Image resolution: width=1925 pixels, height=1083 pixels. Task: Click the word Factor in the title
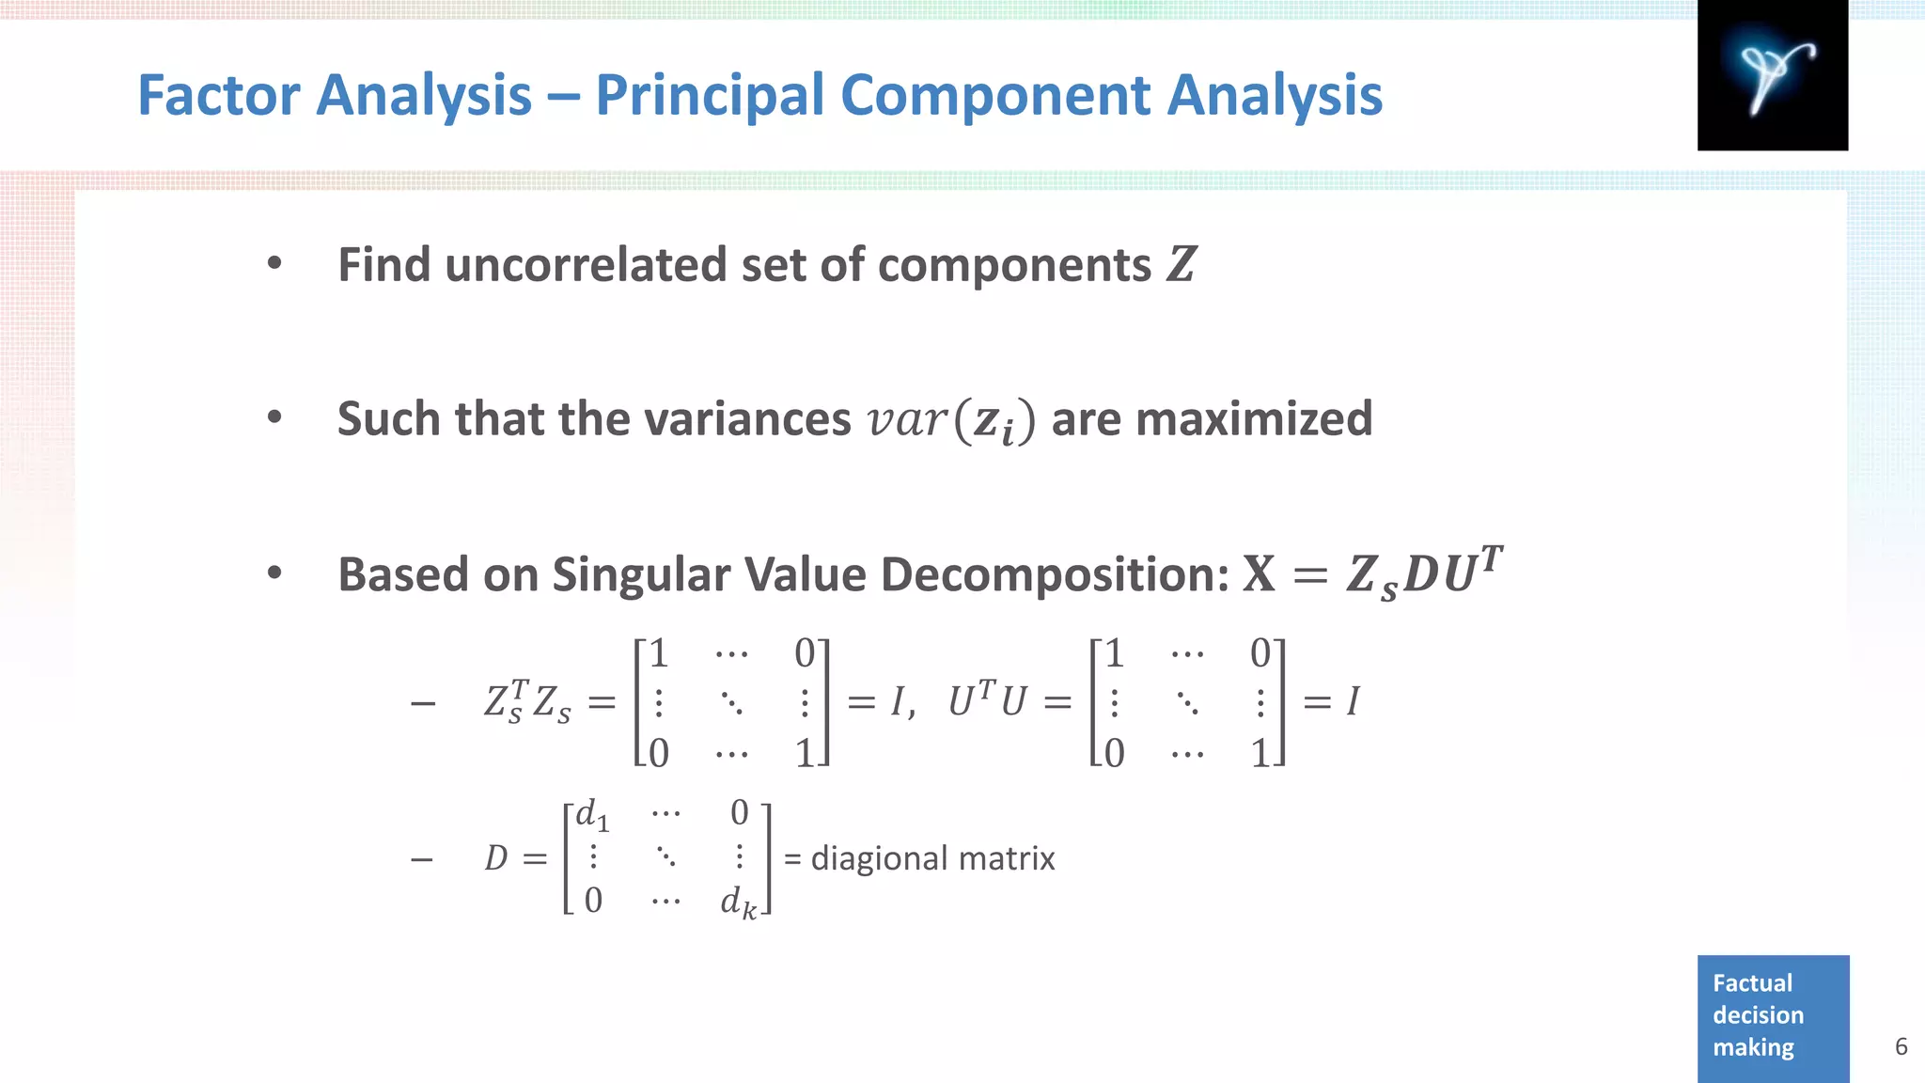click(217, 95)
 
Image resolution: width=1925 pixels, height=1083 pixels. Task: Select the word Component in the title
click(994, 97)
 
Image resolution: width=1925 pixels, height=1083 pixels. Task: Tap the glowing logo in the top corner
click(1772, 75)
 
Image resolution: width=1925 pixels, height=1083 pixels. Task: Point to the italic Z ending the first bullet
click(1181, 264)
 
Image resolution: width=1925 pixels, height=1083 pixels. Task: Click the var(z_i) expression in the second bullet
click(950, 419)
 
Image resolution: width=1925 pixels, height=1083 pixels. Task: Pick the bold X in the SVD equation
click(1259, 573)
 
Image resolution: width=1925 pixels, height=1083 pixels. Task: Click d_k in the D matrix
click(738, 902)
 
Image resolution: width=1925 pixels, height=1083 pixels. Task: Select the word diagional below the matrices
click(879, 858)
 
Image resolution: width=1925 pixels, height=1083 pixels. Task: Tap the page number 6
click(1901, 1046)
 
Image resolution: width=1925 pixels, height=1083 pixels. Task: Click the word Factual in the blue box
click(1752, 983)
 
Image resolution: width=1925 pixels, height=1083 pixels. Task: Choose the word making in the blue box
click(1753, 1047)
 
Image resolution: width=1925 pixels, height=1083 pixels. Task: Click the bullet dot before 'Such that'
click(274, 417)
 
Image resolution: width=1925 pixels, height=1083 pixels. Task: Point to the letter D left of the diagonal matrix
click(495, 858)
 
